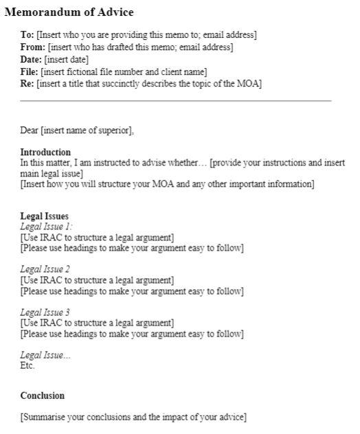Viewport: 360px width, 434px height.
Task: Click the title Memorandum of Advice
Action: (x=69, y=12)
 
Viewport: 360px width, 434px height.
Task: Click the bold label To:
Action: (x=27, y=35)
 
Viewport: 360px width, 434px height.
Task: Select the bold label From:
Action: (x=32, y=47)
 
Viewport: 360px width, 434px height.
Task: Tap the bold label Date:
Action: (x=32, y=60)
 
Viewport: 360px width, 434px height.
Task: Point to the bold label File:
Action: (x=30, y=71)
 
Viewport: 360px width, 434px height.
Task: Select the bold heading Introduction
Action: (x=45, y=152)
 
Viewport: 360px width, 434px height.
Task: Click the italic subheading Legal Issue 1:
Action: (x=47, y=227)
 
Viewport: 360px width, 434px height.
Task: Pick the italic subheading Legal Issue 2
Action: (x=45, y=269)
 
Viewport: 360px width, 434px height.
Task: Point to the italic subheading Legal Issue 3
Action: (x=45, y=312)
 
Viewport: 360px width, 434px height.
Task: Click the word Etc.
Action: (x=27, y=366)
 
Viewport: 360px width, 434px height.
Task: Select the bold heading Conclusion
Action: (x=43, y=396)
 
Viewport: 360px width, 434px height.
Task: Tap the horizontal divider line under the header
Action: (x=176, y=101)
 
